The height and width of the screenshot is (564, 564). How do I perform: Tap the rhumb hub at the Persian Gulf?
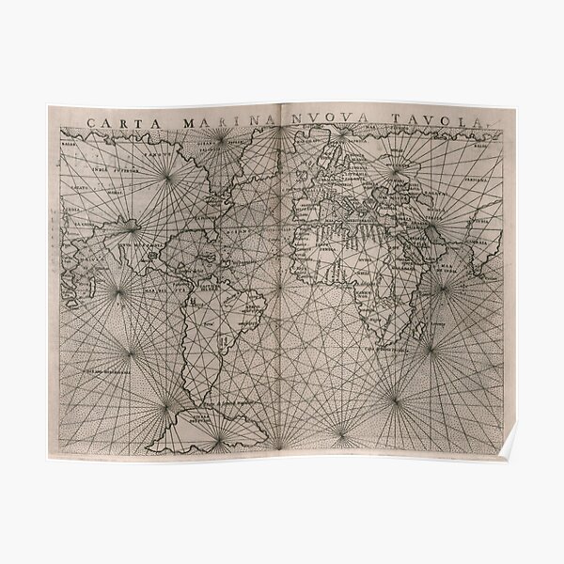click(432, 226)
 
